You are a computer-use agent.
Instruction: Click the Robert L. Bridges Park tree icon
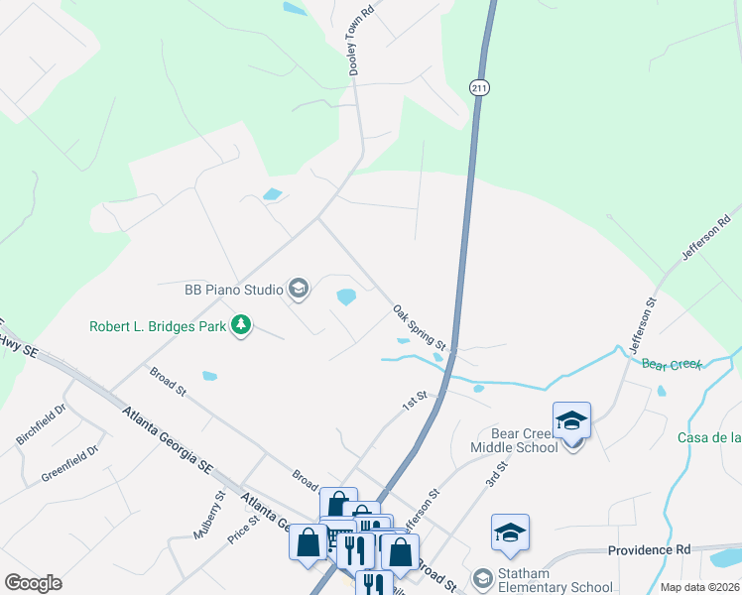(x=240, y=324)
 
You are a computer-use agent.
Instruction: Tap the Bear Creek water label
(x=671, y=365)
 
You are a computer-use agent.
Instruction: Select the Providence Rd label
(x=649, y=548)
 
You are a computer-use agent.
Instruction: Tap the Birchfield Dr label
(x=41, y=423)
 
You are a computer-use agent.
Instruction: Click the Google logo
(x=33, y=582)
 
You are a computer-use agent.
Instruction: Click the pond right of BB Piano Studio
(x=346, y=297)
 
